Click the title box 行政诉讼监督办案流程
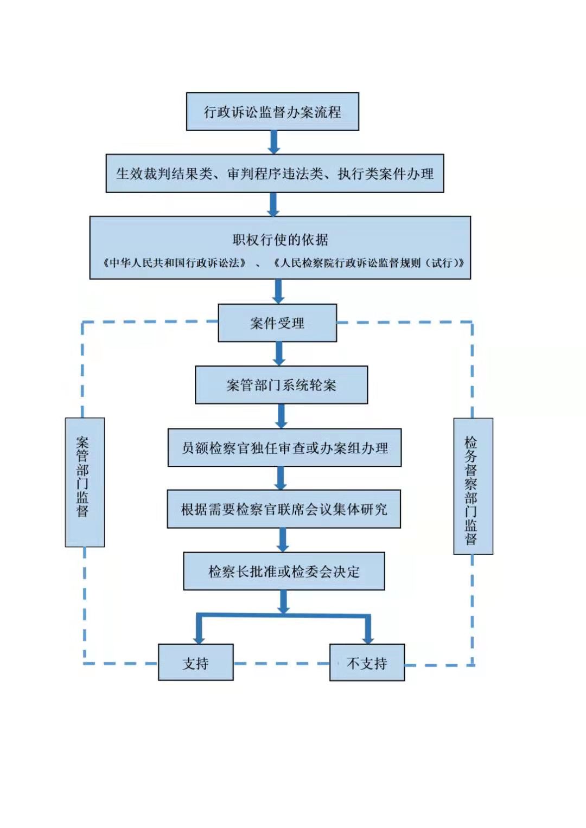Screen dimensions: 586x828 (x=272, y=112)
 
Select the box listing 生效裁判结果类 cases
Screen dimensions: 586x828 (x=275, y=174)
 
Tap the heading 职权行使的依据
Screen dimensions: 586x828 (x=280, y=240)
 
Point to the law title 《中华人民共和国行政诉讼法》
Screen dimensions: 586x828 (x=174, y=263)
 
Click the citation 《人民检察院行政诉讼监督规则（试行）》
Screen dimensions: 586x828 (x=369, y=263)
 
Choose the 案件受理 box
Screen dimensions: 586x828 (x=277, y=323)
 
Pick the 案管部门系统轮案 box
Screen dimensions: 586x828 (x=281, y=385)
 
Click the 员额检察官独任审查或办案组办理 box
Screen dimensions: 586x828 (x=284, y=448)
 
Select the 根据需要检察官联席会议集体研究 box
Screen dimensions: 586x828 (x=284, y=509)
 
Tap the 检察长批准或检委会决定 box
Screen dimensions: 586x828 (x=284, y=571)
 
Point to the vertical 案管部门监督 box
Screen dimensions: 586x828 (x=85, y=483)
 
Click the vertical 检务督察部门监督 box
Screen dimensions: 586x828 (x=473, y=486)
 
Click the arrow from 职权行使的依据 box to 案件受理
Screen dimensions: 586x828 (x=278, y=292)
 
